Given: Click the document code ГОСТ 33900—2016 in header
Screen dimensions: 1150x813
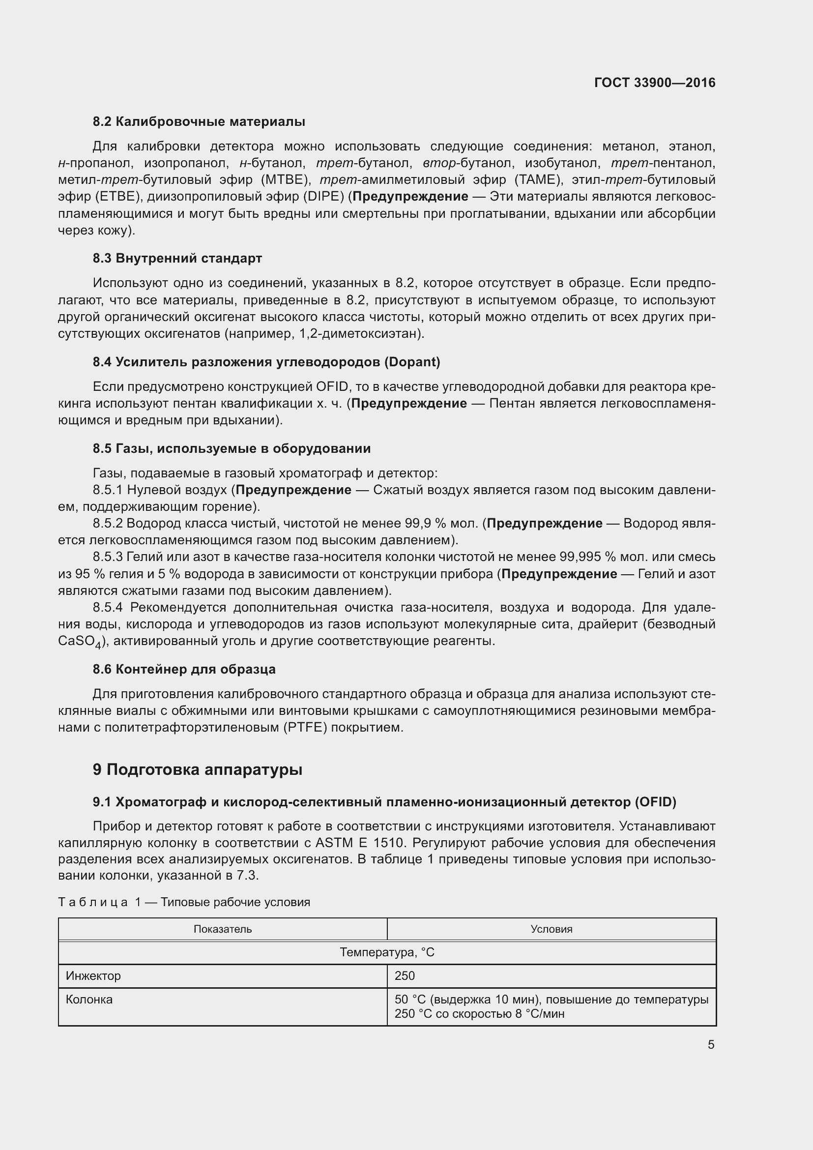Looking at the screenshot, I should pos(654,83).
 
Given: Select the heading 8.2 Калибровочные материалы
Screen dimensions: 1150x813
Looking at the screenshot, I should pos(199,122).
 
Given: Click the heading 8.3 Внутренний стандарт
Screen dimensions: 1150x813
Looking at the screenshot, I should pos(177,259).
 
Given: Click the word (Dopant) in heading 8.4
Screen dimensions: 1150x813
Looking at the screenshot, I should pos(412,362).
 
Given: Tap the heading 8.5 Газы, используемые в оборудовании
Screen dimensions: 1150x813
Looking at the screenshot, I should pos(232,448).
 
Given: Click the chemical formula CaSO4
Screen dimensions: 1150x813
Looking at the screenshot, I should pos(80,642).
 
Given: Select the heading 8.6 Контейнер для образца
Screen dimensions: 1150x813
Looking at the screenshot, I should pos(184,669).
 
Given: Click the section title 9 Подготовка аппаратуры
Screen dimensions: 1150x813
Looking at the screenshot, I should pos(197,769).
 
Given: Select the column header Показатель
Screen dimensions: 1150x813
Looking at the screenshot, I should pos(222,929).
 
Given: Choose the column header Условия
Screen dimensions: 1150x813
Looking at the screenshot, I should pos(551,929).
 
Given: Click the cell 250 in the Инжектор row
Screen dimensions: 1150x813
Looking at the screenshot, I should pos(405,975).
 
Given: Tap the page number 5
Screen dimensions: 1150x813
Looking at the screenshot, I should pos(710,1045).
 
